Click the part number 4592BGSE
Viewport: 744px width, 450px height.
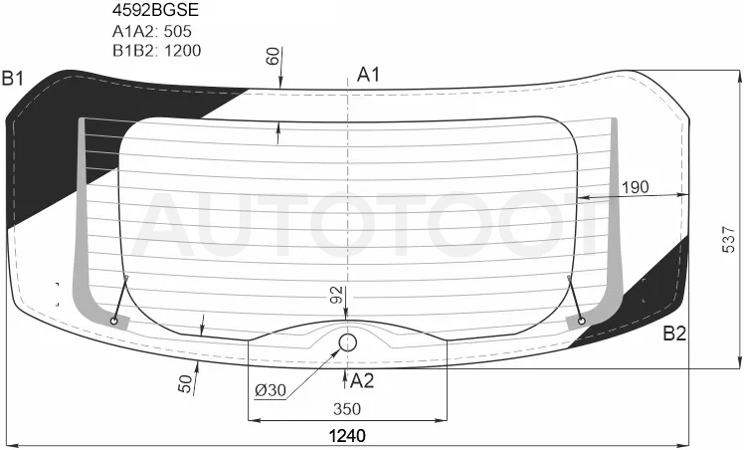click(155, 10)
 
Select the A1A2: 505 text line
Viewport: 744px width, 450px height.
click(152, 31)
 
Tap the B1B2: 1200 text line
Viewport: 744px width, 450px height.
click(156, 51)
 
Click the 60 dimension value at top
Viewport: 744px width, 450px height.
click(273, 57)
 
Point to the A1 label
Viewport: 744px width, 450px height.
click(369, 75)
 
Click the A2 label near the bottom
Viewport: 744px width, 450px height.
click(362, 380)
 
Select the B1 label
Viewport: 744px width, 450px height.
click(13, 79)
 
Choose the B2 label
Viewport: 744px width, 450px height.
click(674, 334)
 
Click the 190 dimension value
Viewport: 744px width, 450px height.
click(635, 187)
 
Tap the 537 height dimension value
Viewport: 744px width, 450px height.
click(728, 240)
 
